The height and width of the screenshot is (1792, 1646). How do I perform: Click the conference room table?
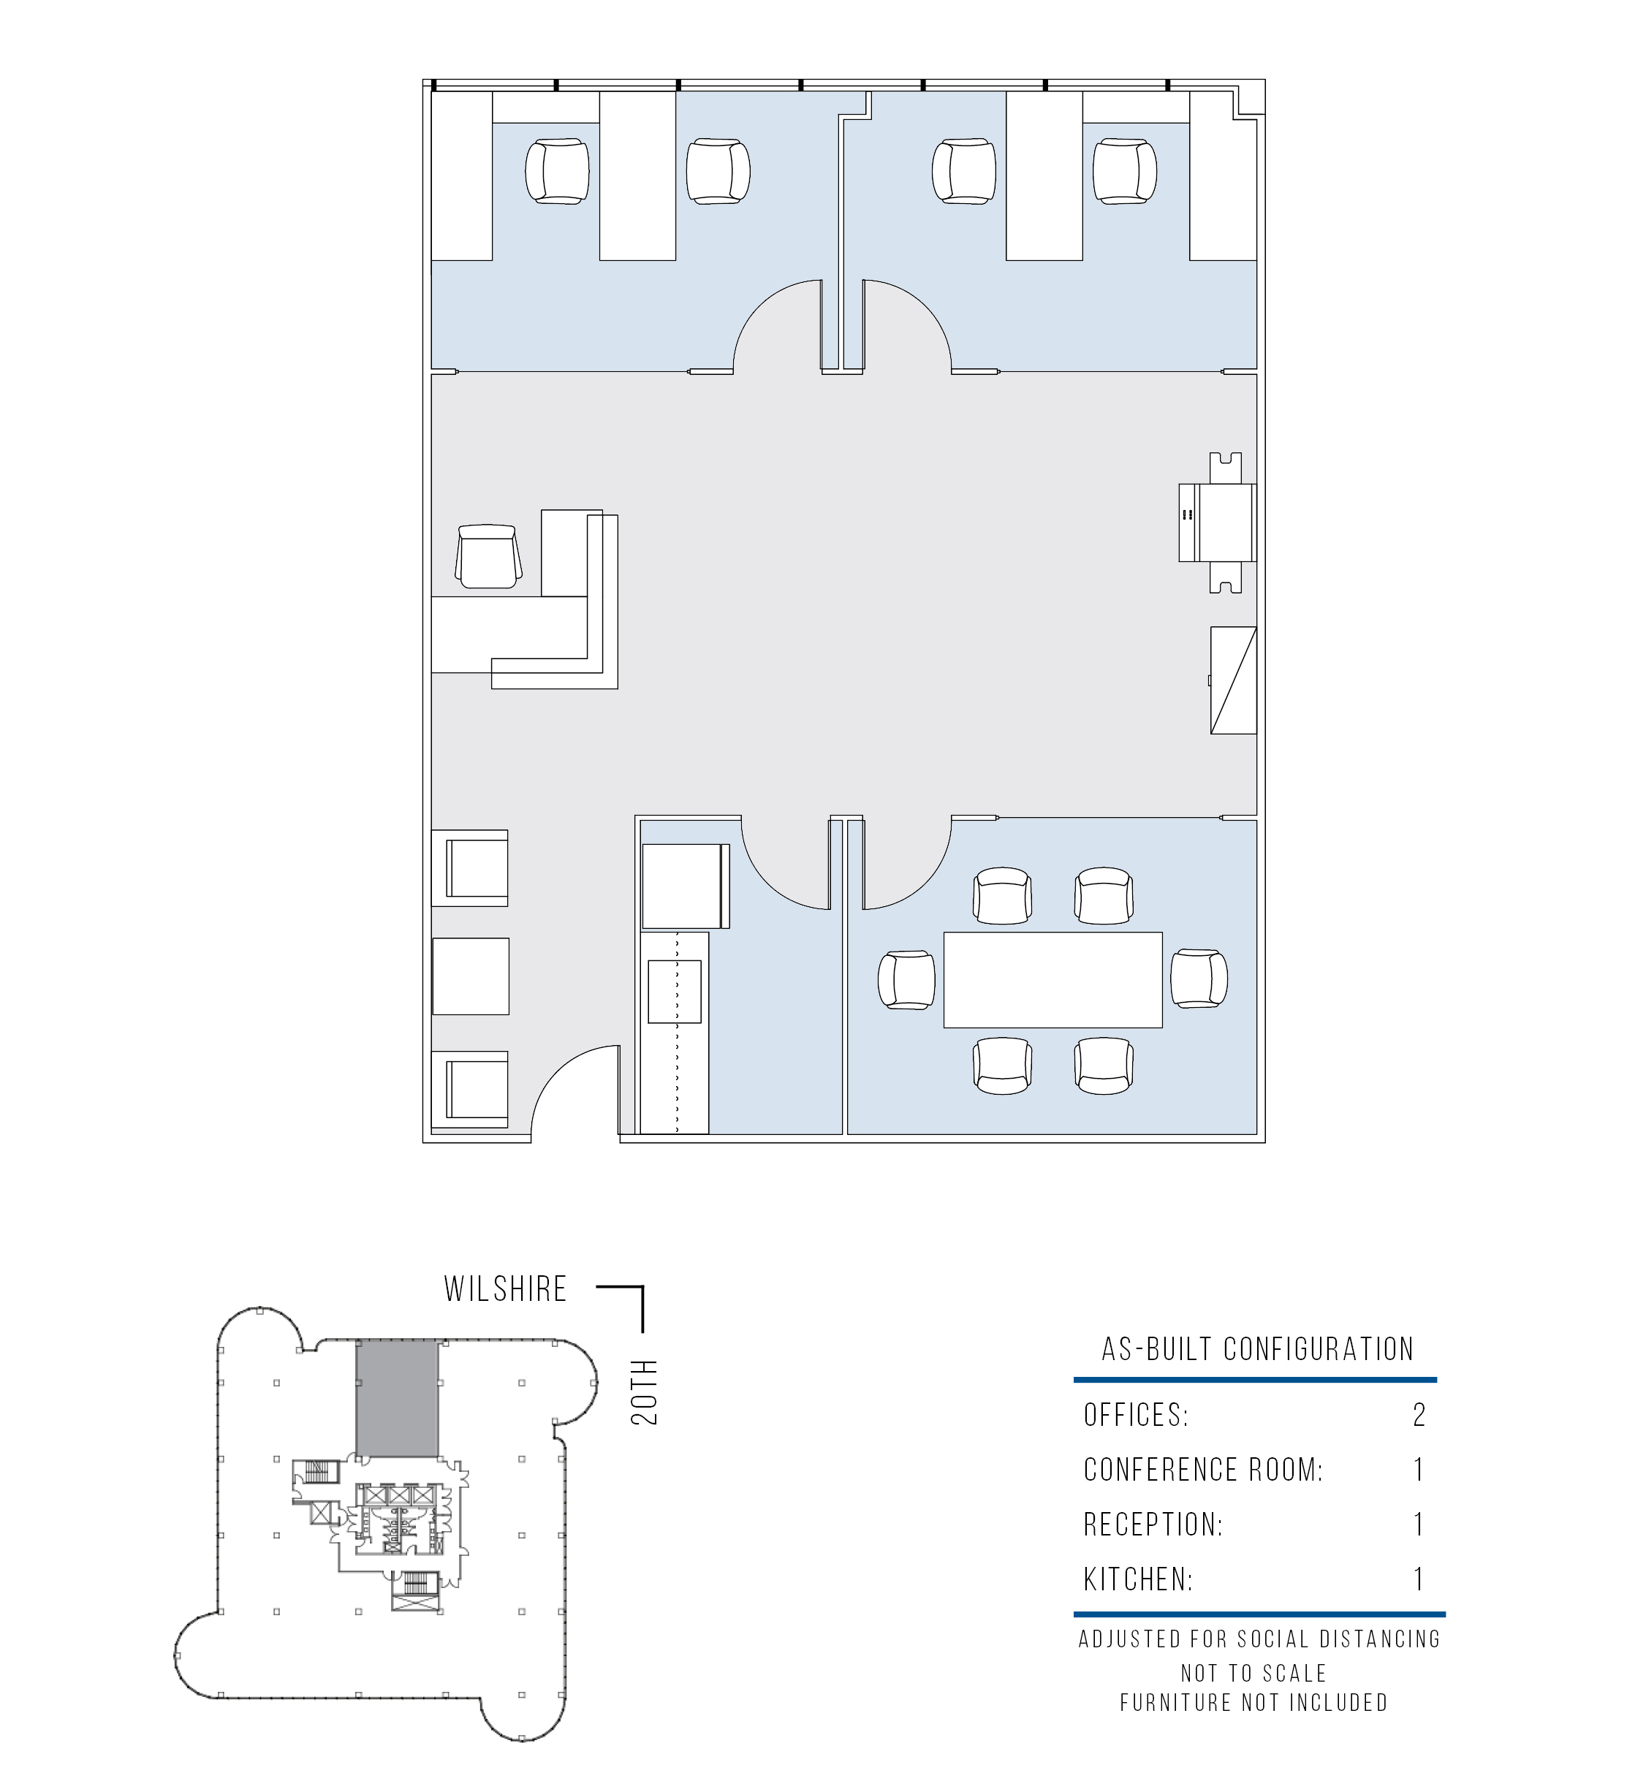[1053, 980]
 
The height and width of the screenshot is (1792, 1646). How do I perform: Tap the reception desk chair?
[489, 557]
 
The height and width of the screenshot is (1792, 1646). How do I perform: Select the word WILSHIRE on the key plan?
[506, 1290]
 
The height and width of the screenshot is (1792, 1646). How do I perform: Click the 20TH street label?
[644, 1392]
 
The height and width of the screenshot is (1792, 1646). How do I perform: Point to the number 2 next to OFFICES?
[1419, 1415]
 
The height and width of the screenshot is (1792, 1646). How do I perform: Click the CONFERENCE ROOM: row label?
[1203, 1470]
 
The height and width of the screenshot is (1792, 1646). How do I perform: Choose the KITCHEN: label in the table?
[1138, 1580]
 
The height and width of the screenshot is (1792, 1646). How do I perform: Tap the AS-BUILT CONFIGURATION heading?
[1258, 1349]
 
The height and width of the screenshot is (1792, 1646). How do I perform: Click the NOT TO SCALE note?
[1254, 1674]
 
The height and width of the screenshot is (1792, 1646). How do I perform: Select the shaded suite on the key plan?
[398, 1398]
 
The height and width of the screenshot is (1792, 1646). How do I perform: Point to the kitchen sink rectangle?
[676, 991]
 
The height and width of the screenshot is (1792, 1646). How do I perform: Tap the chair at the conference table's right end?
[1199, 980]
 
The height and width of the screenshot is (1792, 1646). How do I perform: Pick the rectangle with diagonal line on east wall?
[1233, 680]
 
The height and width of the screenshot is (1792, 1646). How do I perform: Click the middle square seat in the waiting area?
[470, 976]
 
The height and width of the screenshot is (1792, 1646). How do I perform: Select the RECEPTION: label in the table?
[1153, 1525]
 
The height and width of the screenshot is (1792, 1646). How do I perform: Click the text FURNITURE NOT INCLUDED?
[1254, 1703]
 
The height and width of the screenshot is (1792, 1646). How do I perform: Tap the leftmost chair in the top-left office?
[558, 171]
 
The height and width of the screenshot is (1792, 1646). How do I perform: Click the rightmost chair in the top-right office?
[1126, 171]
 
